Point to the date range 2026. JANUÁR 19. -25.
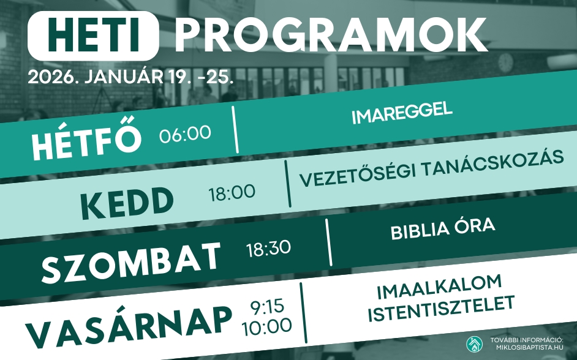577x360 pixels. pos(131,78)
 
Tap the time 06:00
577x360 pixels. pos(185,133)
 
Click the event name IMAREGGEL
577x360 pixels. pos(402,114)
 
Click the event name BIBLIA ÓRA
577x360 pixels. pos(442,230)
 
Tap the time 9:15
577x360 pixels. pos(267,306)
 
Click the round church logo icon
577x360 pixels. pos(474,345)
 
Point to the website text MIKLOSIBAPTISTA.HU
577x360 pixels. pos(529,347)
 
